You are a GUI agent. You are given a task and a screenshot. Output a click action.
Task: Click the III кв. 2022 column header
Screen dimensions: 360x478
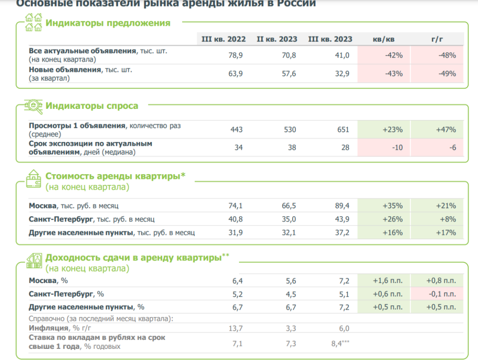click(x=224, y=39)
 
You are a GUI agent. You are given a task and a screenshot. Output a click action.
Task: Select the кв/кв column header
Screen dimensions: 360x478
click(x=384, y=39)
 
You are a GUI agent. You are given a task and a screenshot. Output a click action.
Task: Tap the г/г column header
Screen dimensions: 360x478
click(x=437, y=39)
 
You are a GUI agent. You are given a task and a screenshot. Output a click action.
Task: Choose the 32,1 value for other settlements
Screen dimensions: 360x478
click(x=288, y=233)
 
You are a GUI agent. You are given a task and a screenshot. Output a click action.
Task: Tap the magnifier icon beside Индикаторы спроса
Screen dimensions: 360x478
click(x=34, y=106)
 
